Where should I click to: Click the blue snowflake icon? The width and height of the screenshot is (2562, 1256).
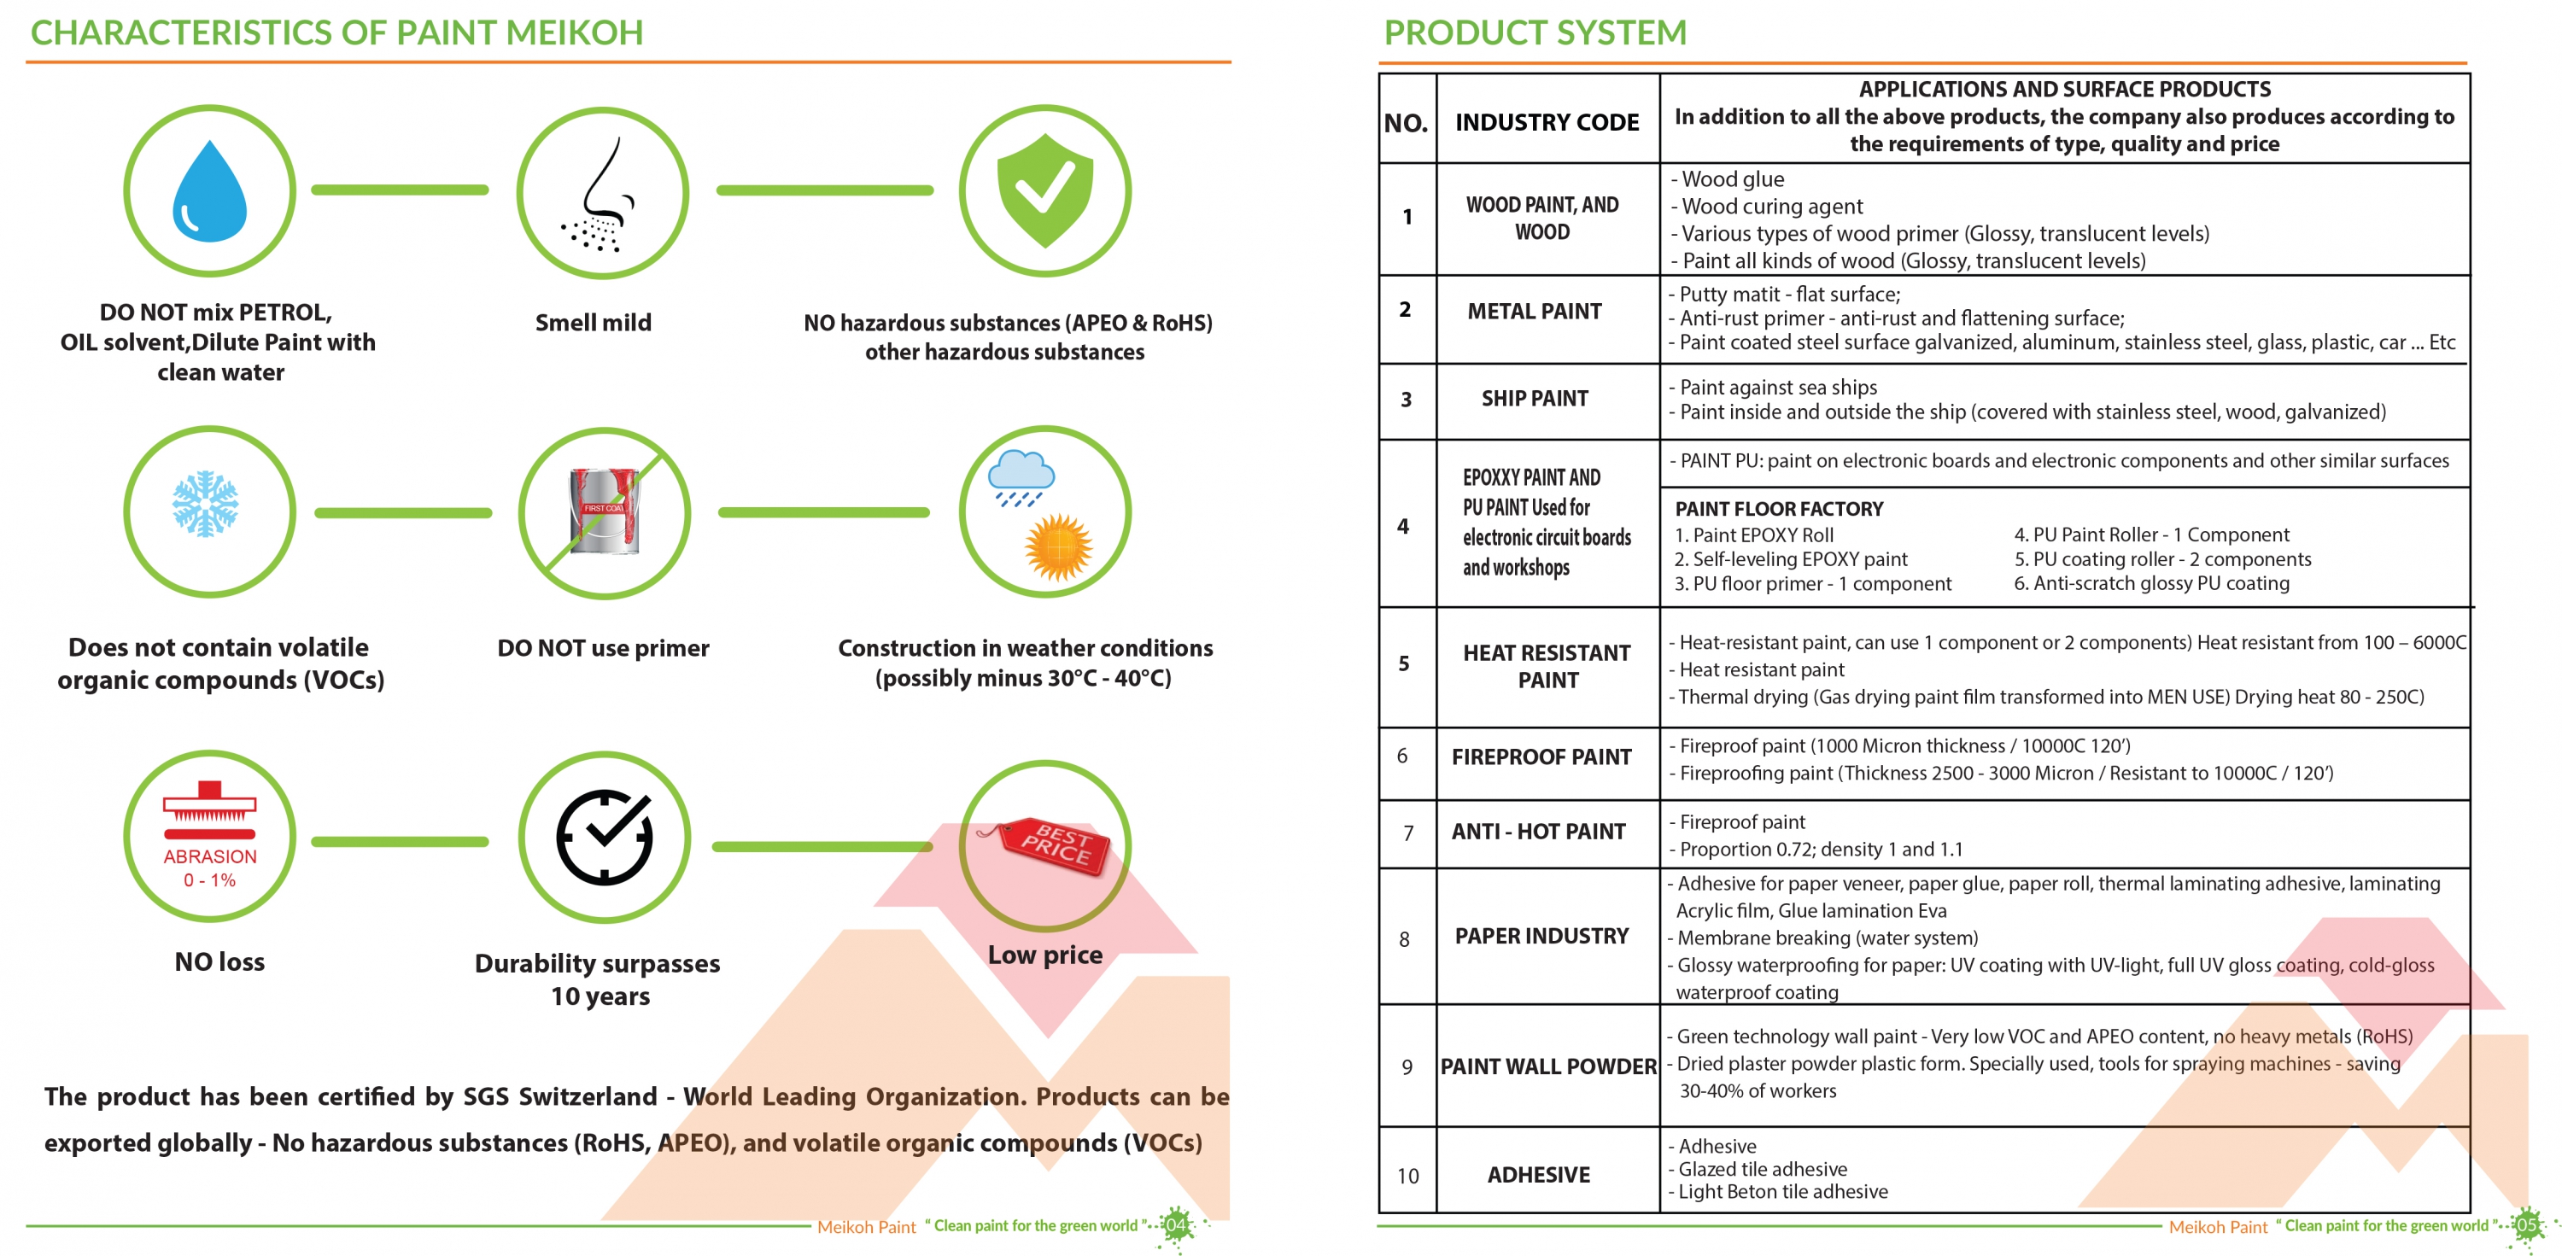click(x=205, y=503)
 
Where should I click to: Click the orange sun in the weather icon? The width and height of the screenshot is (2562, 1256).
click(x=1059, y=546)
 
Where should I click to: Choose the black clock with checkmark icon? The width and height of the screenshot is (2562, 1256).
click(x=604, y=838)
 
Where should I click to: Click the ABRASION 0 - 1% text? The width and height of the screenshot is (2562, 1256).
click(x=210, y=868)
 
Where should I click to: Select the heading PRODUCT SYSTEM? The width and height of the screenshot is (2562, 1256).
click(x=1535, y=32)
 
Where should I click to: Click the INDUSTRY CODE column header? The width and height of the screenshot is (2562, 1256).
click(x=1547, y=122)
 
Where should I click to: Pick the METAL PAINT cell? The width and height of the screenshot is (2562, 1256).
click(x=1535, y=312)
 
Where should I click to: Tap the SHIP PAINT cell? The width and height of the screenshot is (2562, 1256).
click(x=1535, y=399)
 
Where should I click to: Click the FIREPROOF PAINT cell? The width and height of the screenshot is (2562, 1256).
click(x=1541, y=757)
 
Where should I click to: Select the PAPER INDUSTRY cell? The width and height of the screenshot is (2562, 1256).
click(x=1541, y=936)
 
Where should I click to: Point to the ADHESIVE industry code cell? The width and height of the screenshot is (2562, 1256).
click(x=1539, y=1174)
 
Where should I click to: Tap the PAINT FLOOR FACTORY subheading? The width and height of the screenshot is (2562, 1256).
click(x=1779, y=508)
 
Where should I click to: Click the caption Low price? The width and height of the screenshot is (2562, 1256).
click(x=1044, y=955)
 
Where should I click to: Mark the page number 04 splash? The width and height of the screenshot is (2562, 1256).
click(x=1177, y=1224)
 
